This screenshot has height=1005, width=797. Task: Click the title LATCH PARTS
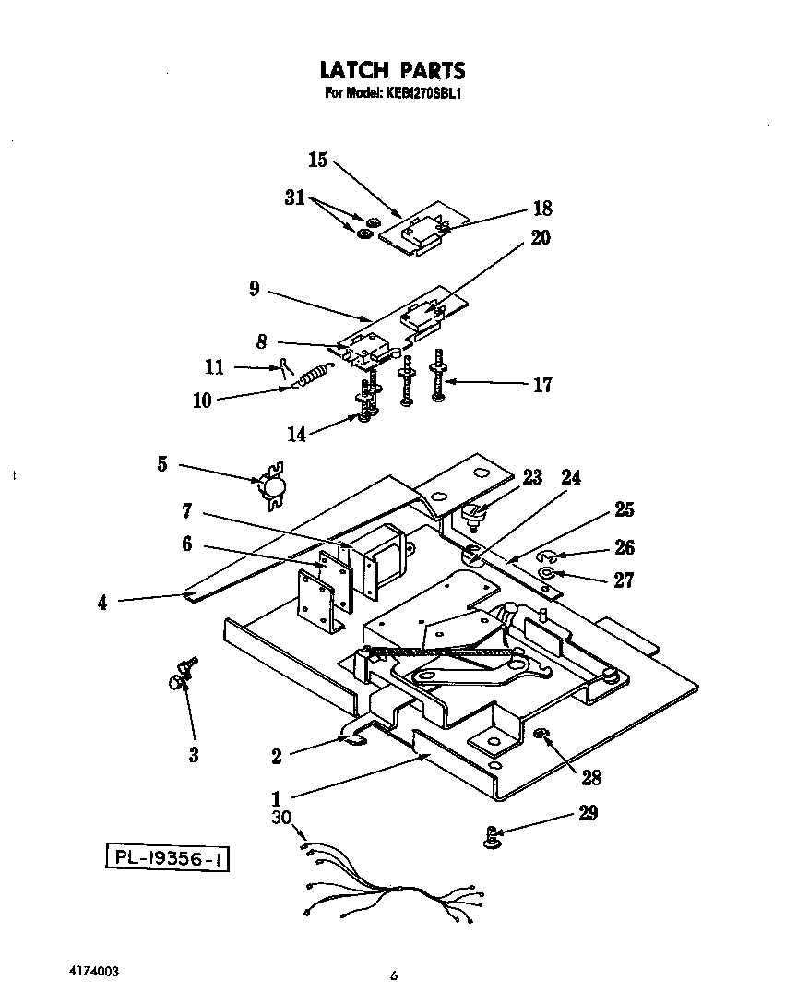click(392, 70)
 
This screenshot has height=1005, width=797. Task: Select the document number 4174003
click(93, 973)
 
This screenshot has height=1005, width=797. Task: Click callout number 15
click(317, 161)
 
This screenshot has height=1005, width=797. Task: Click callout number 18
click(541, 209)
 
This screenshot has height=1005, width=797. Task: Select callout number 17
click(542, 384)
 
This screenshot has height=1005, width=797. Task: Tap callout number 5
click(161, 464)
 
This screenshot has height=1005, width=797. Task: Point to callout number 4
click(102, 604)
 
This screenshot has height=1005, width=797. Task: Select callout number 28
click(590, 777)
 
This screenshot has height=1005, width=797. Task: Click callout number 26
click(624, 547)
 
